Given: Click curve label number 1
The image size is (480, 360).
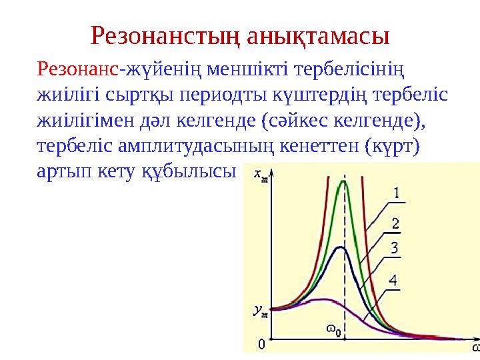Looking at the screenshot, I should click(x=395, y=193).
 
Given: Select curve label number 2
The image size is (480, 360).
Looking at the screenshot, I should click(x=395, y=222).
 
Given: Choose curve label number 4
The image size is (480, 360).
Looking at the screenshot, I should click(x=394, y=281).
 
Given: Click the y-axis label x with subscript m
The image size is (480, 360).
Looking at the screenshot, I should click(x=261, y=175).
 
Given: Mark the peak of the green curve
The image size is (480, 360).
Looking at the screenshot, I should click(x=344, y=182).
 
